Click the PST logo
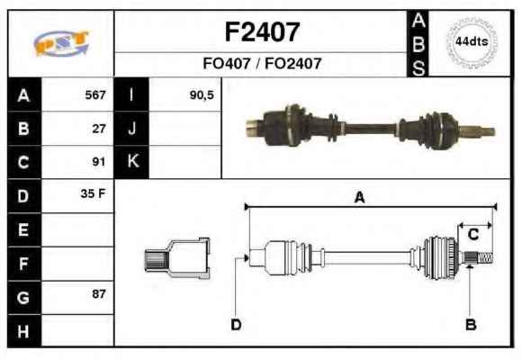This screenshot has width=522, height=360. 61,43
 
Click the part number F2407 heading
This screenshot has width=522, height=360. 262,32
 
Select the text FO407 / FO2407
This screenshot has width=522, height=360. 262,63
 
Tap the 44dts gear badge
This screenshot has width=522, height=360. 472,42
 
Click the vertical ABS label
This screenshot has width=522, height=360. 418,44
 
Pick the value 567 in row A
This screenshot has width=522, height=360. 95,94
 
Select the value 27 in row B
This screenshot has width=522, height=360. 99,129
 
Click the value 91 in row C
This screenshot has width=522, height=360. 99,162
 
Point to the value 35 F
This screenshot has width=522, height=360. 93,193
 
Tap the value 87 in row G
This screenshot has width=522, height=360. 99,294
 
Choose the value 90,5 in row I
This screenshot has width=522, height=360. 202,95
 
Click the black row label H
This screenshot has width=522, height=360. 24,331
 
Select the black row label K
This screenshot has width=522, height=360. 131,162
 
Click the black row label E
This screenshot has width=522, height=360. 24,229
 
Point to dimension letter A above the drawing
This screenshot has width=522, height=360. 359,197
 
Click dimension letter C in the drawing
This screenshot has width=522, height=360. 473,234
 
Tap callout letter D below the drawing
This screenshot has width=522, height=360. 236,324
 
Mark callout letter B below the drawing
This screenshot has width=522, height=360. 471,324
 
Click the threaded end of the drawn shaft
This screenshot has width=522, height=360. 486,258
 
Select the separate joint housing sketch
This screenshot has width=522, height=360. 177,258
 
